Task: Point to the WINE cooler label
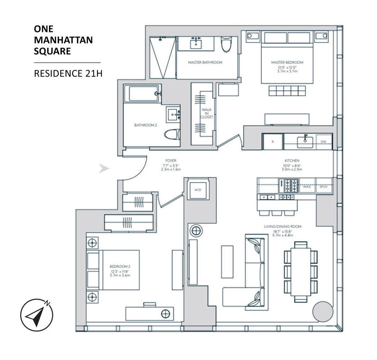307,186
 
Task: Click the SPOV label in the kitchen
323,186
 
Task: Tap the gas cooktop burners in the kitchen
290,186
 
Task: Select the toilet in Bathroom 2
172,134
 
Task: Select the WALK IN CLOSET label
207,113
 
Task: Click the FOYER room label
171,161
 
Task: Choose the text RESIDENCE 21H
68,73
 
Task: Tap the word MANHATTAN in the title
63,40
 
